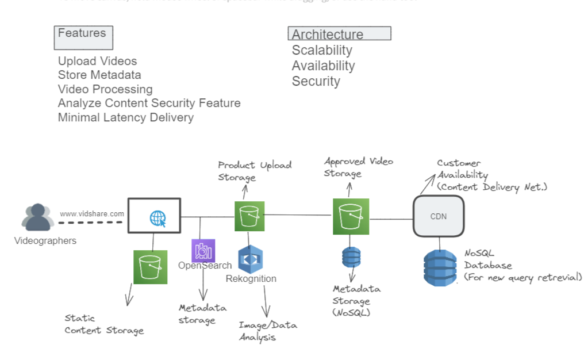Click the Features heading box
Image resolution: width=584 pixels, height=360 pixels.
(x=84, y=37)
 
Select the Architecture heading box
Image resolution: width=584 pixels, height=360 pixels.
(x=339, y=34)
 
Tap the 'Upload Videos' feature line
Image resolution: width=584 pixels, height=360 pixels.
(x=97, y=61)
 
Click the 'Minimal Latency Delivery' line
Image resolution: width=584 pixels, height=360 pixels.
(x=125, y=117)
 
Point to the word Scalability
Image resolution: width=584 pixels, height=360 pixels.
(x=321, y=51)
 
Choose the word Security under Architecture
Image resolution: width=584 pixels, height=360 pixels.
(x=316, y=81)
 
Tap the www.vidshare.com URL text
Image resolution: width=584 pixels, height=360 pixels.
(x=92, y=214)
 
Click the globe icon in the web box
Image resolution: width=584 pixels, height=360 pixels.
(x=157, y=218)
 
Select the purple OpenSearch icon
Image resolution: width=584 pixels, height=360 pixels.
(x=203, y=250)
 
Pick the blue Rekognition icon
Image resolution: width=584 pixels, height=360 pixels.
(x=250, y=259)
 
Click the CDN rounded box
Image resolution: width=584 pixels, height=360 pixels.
(x=438, y=216)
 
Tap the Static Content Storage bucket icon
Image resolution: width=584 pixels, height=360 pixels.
(x=150, y=267)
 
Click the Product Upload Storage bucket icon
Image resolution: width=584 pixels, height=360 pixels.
(x=249, y=216)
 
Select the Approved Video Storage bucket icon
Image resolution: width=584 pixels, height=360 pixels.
(x=350, y=216)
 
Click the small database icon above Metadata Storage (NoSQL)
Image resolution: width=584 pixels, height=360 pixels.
(x=351, y=258)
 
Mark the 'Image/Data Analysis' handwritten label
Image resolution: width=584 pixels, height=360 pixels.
(x=267, y=331)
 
